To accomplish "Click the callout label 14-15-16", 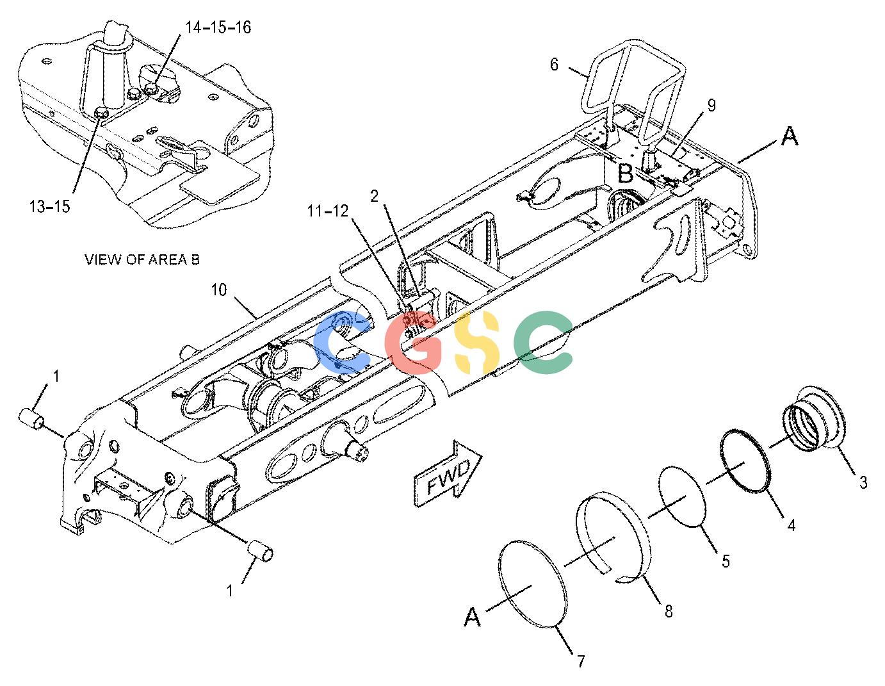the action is pyautogui.click(x=218, y=28).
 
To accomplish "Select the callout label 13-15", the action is pyautogui.click(x=49, y=206).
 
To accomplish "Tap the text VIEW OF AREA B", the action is pyautogui.click(x=142, y=259).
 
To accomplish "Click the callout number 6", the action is pyautogui.click(x=554, y=64).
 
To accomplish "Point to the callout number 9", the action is pyautogui.click(x=711, y=105).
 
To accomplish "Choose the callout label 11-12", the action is pyautogui.click(x=328, y=211).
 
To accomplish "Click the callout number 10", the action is pyautogui.click(x=219, y=290).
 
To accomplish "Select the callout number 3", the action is pyautogui.click(x=863, y=483).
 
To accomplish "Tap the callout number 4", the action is pyautogui.click(x=791, y=525).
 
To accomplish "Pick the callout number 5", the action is pyautogui.click(x=726, y=561).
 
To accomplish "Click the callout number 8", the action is pyautogui.click(x=669, y=611).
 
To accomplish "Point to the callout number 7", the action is pyautogui.click(x=581, y=661).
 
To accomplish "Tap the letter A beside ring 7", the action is pyautogui.click(x=473, y=617).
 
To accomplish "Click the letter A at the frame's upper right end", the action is pyautogui.click(x=790, y=136).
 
